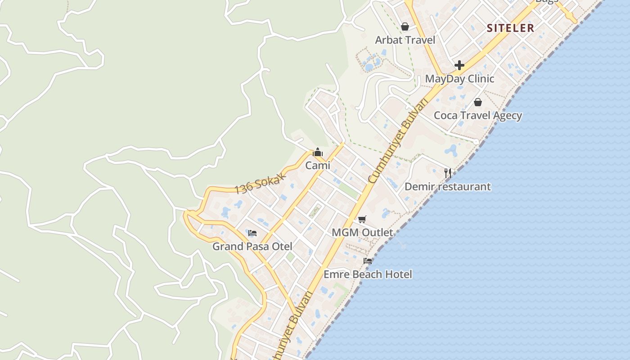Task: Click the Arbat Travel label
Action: click(405, 40)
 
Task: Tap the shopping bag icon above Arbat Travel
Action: click(405, 27)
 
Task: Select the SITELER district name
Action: click(510, 28)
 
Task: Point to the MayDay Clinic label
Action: click(459, 79)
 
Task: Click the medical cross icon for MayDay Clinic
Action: click(459, 65)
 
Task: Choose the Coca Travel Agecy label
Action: click(477, 115)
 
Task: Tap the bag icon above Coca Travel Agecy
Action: click(478, 102)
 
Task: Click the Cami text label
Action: click(318, 166)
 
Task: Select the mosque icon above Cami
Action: click(318, 152)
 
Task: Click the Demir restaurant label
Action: click(447, 186)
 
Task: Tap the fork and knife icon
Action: click(448, 173)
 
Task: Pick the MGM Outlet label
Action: click(362, 233)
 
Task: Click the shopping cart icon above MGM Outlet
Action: click(362, 220)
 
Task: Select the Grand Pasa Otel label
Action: click(252, 247)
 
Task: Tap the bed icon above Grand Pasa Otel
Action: click(252, 233)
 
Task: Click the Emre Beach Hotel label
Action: click(368, 274)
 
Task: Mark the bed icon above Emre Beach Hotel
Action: click(368, 261)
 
